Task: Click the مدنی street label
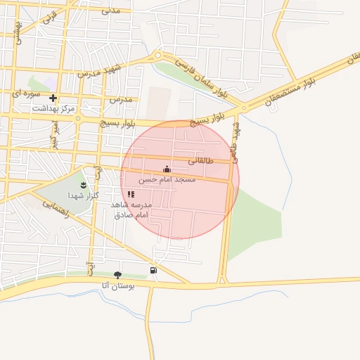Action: point(111,11)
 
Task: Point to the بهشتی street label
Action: point(19,32)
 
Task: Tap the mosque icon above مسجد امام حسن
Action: point(167,169)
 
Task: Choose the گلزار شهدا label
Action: point(82,195)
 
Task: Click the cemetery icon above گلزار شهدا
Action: point(84,184)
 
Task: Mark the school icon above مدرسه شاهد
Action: point(131,193)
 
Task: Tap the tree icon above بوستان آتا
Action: point(117,274)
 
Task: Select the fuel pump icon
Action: point(153,270)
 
